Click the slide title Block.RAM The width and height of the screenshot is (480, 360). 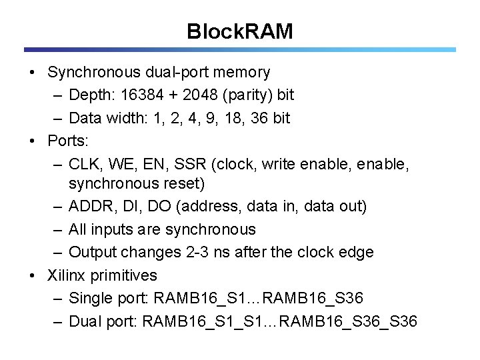click(x=239, y=31)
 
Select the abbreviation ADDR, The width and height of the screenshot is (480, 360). click(x=92, y=207)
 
